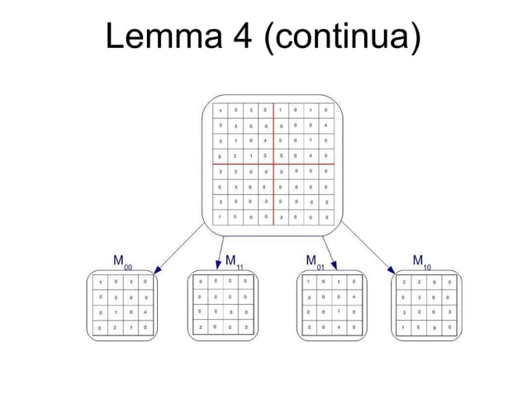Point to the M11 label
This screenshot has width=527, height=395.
pyautogui.click(x=235, y=262)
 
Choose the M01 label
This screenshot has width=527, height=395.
pyautogui.click(x=315, y=262)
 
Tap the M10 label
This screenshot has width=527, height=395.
pyautogui.click(x=422, y=262)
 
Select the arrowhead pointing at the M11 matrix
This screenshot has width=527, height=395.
pyautogui.click(x=220, y=264)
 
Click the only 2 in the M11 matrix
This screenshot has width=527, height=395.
pyautogui.click(x=199, y=327)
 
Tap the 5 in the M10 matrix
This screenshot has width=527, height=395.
pyautogui.click(x=419, y=327)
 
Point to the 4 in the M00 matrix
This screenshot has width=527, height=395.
pyautogui.click(x=145, y=312)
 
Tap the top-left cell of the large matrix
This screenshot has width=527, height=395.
pyautogui.click(x=221, y=110)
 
